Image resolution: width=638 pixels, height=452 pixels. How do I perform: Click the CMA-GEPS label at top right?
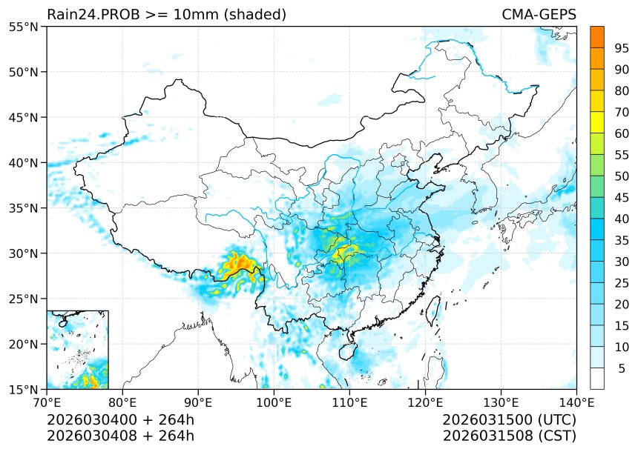point(539,15)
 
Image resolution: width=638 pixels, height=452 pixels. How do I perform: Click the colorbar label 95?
point(622,48)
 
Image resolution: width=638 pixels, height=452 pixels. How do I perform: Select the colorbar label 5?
point(622,368)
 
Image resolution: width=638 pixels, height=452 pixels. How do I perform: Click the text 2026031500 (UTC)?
point(509,420)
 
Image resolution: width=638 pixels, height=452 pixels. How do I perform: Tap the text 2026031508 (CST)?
point(509,436)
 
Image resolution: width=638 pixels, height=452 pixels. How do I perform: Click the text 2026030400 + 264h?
point(120,420)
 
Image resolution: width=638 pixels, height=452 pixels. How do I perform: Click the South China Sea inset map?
point(77,350)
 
